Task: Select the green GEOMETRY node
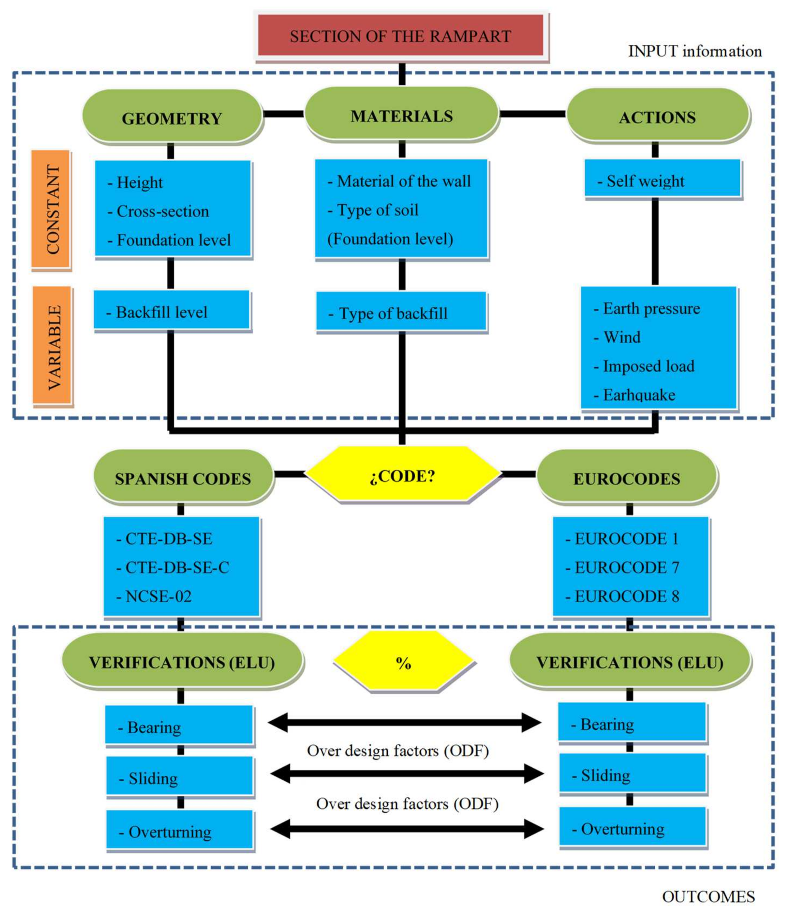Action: (172, 117)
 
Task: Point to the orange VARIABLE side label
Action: (52, 346)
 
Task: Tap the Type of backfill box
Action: (401, 311)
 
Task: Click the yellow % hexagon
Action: (403, 662)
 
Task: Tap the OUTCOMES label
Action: (708, 896)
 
